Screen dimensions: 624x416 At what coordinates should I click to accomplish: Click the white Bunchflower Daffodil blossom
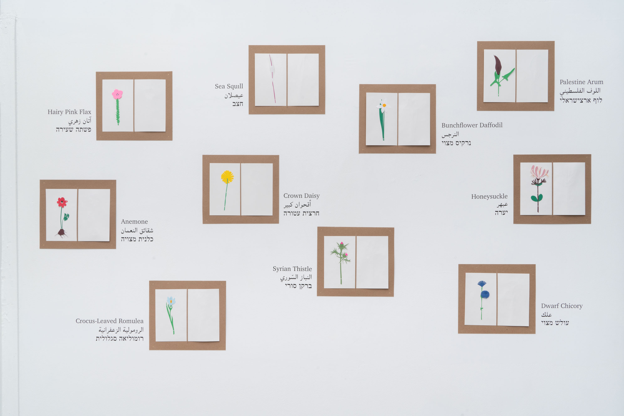click(x=384, y=106)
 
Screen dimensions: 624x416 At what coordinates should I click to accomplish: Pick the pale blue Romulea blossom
click(x=171, y=301)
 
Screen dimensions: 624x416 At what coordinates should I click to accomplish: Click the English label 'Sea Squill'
click(x=229, y=86)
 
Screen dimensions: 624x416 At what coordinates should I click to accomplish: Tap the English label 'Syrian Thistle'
click(x=292, y=269)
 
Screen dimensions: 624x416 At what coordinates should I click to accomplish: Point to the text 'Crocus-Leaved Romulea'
click(x=109, y=321)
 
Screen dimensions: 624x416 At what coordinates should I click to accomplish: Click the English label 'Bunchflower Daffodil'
click(x=472, y=125)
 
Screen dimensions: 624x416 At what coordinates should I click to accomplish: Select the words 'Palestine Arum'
click(x=581, y=82)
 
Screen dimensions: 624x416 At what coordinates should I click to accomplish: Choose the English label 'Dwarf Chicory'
click(x=562, y=306)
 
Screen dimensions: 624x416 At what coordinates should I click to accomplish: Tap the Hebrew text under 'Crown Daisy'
click(x=301, y=213)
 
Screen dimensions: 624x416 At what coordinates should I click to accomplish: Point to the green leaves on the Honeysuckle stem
click(x=536, y=198)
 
